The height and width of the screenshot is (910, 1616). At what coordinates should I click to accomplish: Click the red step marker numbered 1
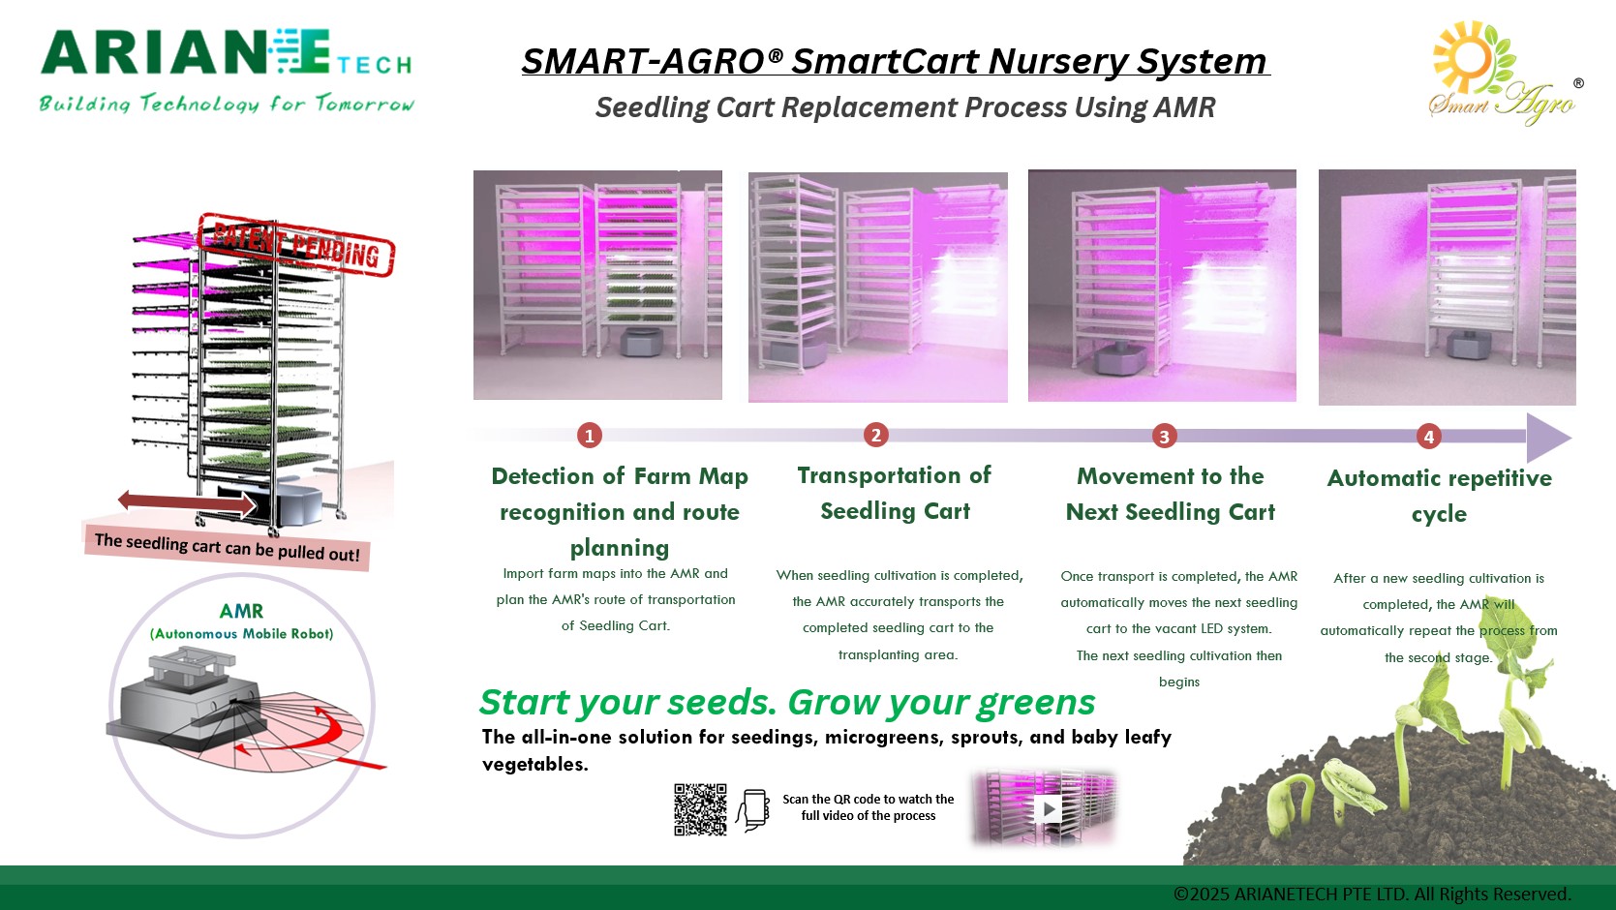pyautogui.click(x=589, y=436)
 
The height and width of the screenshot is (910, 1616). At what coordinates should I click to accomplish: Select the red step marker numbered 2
pyautogui.click(x=875, y=435)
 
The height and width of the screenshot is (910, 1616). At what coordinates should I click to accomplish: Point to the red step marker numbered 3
pyautogui.click(x=1164, y=436)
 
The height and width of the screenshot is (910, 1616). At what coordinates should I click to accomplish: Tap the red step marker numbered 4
pyautogui.click(x=1428, y=437)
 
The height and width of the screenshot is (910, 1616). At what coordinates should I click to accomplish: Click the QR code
pyautogui.click(x=700, y=809)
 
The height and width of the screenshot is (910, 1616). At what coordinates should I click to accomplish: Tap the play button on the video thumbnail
pyautogui.click(x=1048, y=808)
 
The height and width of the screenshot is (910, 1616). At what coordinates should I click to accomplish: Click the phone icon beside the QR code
pyautogui.click(x=753, y=810)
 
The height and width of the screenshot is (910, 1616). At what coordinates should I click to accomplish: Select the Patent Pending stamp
pyautogui.click(x=296, y=244)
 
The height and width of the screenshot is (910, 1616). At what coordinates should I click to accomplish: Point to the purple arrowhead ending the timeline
pyautogui.click(x=1547, y=438)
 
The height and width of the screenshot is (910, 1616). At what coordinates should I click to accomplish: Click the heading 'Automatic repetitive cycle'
pyautogui.click(x=1439, y=496)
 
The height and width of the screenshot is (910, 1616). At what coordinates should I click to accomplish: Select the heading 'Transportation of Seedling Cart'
pyautogui.click(x=895, y=493)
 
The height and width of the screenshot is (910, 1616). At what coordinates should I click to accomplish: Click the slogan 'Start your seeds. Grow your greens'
pyautogui.click(x=787, y=702)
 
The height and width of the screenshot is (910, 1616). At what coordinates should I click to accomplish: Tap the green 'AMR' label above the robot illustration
pyautogui.click(x=241, y=611)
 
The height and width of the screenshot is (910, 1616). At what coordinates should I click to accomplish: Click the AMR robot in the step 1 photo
pyautogui.click(x=640, y=341)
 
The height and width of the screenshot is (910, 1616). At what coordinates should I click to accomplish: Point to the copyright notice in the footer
pyautogui.click(x=1371, y=894)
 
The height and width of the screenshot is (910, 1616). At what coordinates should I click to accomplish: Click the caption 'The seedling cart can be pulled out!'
pyautogui.click(x=227, y=548)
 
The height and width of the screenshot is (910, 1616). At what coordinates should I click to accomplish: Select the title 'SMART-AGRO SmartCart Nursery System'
pyautogui.click(x=895, y=62)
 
